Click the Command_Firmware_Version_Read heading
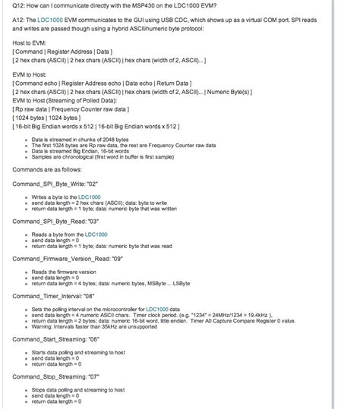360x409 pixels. (71, 258)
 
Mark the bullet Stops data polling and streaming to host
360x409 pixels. (82, 389)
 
